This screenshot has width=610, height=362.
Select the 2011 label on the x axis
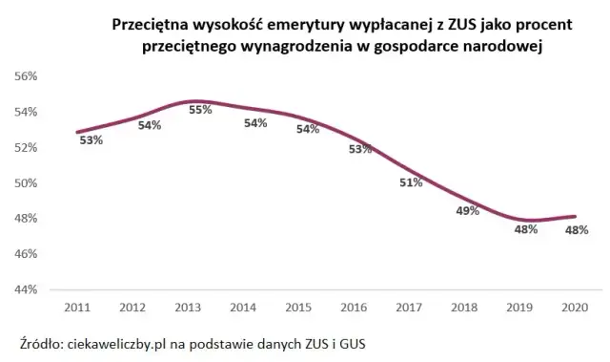click(77, 307)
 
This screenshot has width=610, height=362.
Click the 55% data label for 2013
click(201, 110)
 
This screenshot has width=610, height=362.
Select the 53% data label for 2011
click(91, 139)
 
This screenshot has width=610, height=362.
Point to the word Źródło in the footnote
click(41, 343)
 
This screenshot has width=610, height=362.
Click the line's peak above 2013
click(194, 101)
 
